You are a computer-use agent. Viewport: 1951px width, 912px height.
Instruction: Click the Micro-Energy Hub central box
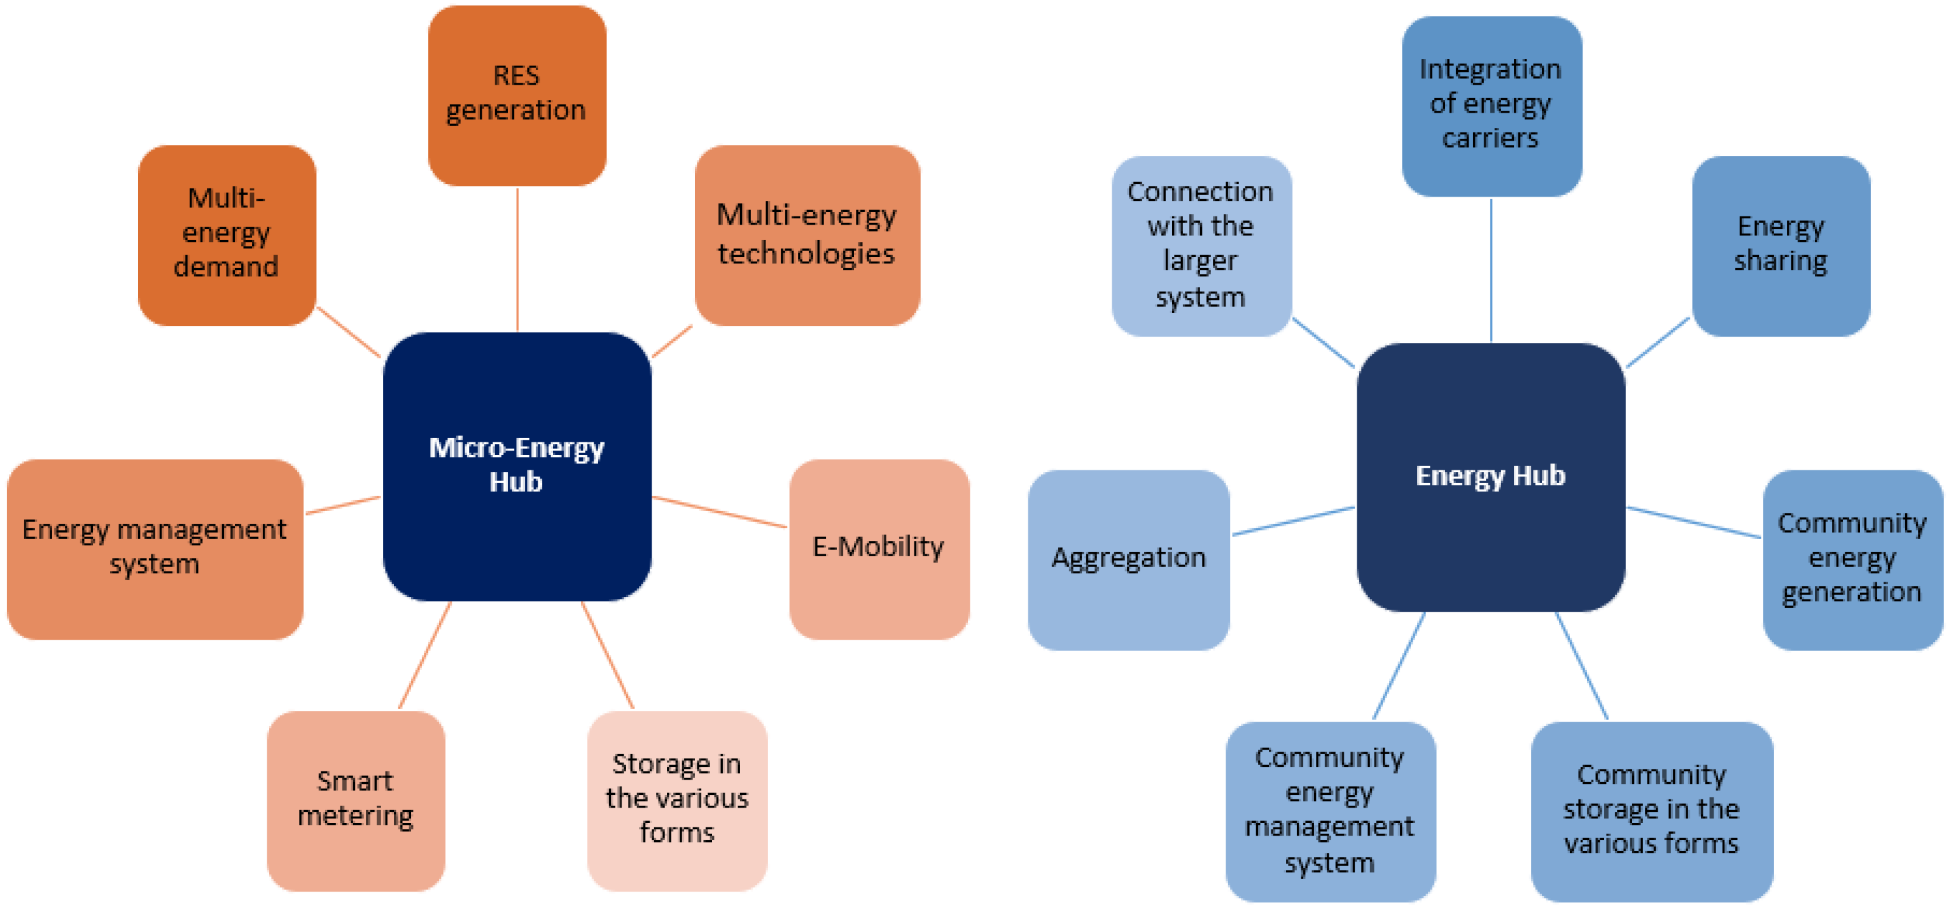517,466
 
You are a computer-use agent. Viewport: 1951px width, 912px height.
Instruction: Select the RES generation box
517,95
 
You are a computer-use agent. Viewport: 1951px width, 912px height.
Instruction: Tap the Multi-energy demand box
227,235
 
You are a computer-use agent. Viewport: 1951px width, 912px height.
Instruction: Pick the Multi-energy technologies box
807,235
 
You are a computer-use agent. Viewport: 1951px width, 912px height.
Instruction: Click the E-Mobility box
879,549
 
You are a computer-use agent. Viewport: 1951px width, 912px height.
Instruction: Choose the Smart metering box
355,800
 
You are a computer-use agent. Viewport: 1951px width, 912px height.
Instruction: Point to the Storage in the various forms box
676,800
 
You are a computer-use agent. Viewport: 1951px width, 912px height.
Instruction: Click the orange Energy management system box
155,549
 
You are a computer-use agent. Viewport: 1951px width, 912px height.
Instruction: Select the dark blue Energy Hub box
1490,477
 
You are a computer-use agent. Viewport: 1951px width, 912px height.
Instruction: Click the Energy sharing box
1780,246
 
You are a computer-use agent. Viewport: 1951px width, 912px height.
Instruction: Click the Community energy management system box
1329,811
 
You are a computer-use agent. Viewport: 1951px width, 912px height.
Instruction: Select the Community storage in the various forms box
1651,811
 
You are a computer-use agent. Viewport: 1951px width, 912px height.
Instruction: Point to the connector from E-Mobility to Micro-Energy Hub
720,512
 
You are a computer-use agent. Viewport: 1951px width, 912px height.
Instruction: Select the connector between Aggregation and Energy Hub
1293,521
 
